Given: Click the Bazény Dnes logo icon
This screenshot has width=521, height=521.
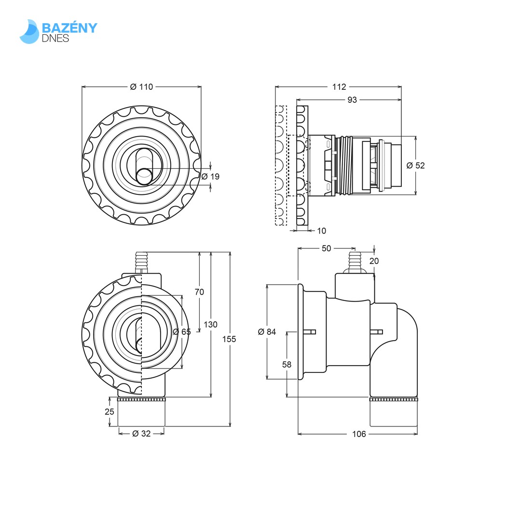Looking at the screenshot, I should coord(29,32).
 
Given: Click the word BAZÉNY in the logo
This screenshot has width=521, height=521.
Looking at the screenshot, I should coord(70,27).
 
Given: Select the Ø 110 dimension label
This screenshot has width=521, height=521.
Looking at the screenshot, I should coord(141,87).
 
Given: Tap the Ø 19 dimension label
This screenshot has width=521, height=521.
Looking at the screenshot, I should coord(210,177).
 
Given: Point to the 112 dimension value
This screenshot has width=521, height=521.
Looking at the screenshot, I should coord(339,87).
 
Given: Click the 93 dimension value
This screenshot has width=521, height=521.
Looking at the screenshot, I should coord(352,100).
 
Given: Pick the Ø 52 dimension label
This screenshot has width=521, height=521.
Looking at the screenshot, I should coord(415,165).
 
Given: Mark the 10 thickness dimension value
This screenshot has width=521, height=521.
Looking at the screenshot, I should coord(321,231).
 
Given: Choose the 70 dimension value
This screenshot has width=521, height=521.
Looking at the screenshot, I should coord(199,292).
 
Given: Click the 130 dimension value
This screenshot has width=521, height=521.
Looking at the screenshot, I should coord(210,325).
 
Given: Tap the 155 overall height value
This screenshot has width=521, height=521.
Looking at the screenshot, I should coord(229,339).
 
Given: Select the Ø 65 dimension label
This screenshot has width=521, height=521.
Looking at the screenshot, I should coord(182,332).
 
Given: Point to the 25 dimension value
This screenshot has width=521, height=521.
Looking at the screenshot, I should coord(110,411).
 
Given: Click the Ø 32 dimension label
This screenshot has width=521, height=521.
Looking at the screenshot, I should coord(141,434).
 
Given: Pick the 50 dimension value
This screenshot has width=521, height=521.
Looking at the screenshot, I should coord(327,248).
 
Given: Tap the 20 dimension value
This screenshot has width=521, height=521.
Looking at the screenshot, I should coord(374,261).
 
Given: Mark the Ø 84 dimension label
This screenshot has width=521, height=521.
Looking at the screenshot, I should coord(267,332).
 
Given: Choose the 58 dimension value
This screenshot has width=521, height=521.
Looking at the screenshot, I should coord(287,365).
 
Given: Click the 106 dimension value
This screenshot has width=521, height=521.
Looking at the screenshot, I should coord(359,434).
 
